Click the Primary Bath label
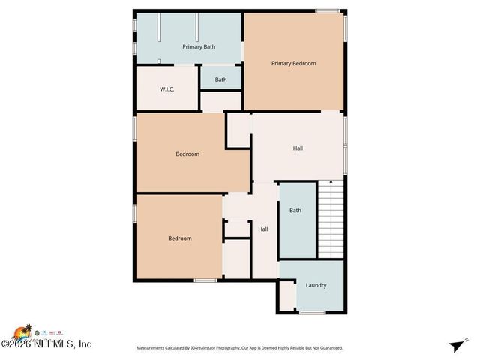[199, 47]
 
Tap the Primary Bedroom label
[293, 64]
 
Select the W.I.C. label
[167, 89]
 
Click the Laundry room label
[316, 285]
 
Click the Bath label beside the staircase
[295, 211]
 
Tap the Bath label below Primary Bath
[220, 79]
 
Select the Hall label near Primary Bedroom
[298, 148]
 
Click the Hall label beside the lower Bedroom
[263, 229]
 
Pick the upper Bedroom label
[187, 154]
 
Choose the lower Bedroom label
[179, 238]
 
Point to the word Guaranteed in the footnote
[328, 348]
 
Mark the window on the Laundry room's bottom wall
[312, 312]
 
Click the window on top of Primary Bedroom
[327, 10]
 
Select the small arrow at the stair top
[331, 182]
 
